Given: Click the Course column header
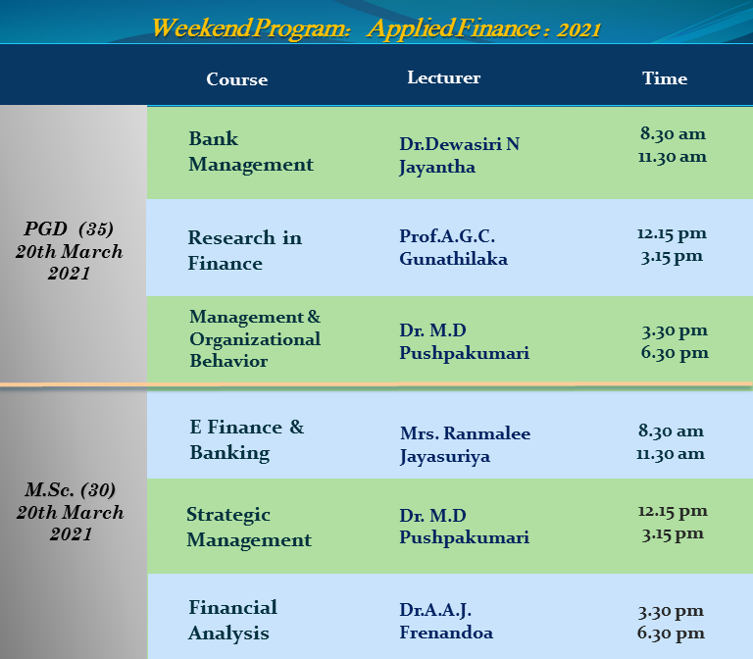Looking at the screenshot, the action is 236,79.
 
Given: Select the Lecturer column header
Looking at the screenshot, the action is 444,77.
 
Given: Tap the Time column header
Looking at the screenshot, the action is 665,78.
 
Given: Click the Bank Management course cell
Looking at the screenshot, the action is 251,151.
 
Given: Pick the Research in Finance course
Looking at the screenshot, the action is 244,250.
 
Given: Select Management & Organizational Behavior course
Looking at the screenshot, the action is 255,338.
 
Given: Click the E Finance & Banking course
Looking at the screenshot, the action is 247,440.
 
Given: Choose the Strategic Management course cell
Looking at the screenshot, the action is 249,527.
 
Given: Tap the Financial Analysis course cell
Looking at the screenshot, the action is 232,620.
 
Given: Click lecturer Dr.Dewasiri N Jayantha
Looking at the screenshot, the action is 459,156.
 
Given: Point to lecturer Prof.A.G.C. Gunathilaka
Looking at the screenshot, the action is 453,247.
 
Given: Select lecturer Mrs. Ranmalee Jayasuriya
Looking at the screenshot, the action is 465,445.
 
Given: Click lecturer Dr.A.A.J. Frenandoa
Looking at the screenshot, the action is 446,621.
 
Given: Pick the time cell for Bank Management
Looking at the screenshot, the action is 673,145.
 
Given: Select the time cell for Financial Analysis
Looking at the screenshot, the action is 671,622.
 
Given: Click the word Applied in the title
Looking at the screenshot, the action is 410,27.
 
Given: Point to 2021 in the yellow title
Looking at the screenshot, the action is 579,29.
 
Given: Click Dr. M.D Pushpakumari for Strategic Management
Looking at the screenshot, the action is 464,527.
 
